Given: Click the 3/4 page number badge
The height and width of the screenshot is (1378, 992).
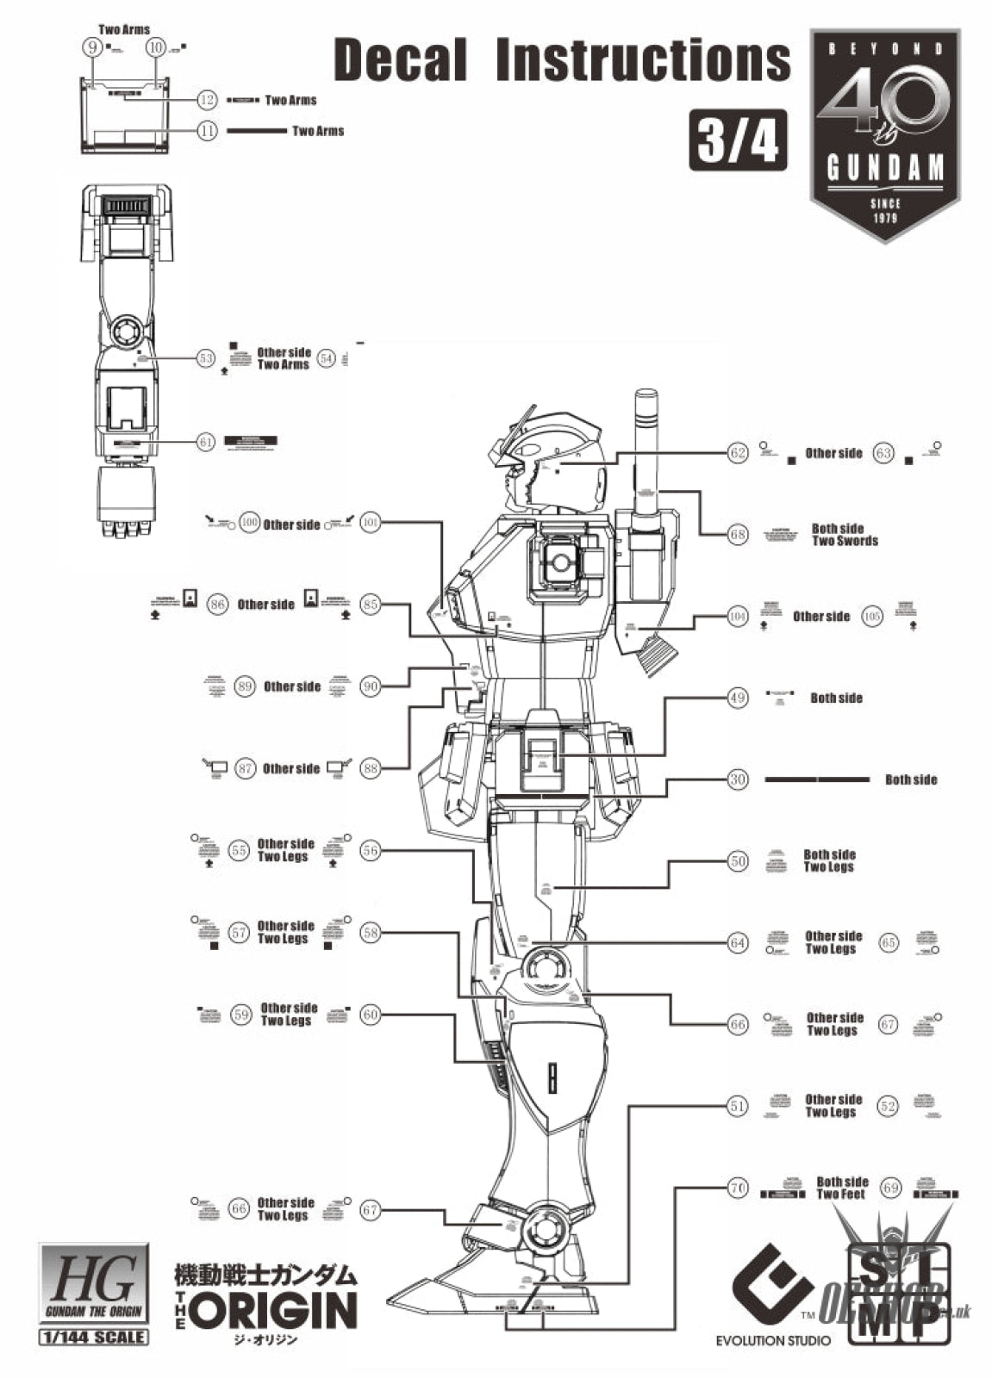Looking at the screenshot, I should pos(738,141).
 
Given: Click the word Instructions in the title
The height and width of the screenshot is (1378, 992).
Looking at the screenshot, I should pos(643,60).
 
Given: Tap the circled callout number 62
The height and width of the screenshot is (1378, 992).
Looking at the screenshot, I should pos(738,453).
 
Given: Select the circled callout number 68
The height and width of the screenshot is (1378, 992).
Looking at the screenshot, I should pos(738,535).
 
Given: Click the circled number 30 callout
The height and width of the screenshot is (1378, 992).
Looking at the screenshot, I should pos(738,779).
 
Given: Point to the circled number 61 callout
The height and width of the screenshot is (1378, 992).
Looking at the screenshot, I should pos(205,442).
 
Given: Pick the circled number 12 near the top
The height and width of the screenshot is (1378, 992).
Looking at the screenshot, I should pos(206,101).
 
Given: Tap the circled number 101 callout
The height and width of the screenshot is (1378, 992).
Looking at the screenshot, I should pos(370,523).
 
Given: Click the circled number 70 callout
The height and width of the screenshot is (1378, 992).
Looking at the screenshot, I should pos(738,1189).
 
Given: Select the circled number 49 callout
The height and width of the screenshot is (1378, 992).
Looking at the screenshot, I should pos(738,698).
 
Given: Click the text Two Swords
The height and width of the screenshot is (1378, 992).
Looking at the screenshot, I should pos(845,542).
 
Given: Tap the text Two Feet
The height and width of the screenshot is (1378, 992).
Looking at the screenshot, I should pos(840,1195).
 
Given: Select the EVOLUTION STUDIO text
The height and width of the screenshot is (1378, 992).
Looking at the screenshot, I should pos(773,1340).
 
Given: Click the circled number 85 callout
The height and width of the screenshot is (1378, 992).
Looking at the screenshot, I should pos(371,605).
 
